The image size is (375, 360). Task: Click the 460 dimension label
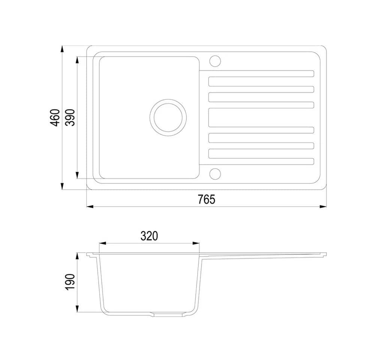(x=55, y=117)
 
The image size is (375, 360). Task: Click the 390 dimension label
(x=70, y=117)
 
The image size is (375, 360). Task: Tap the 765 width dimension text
(x=206, y=199)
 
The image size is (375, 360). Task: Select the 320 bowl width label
(x=149, y=236)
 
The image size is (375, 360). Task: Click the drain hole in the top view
(x=168, y=117)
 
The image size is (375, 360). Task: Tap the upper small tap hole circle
(x=215, y=61)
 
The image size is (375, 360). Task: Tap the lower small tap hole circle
(x=215, y=174)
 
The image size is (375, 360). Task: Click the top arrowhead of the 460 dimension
(x=62, y=49)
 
